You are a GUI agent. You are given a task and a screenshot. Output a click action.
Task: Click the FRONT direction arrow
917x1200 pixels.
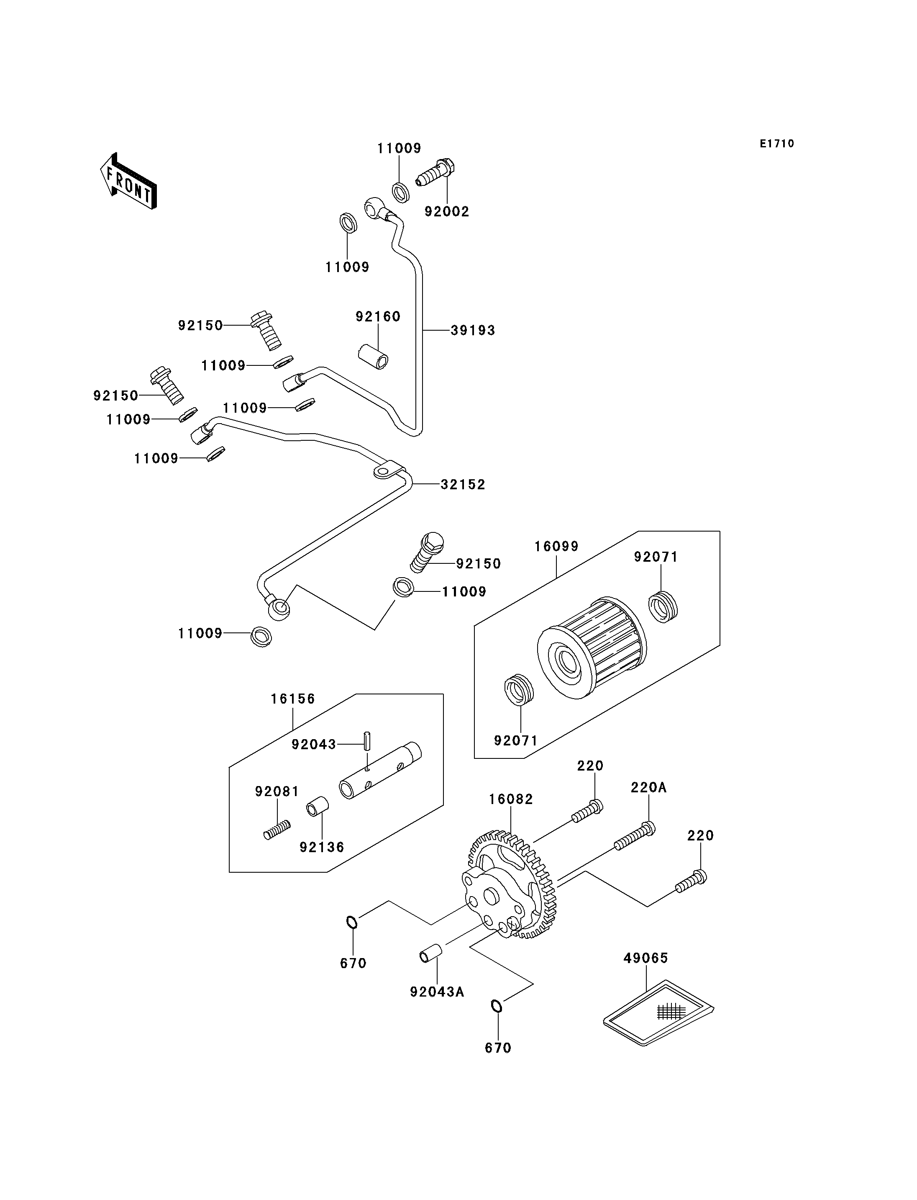pyautogui.click(x=129, y=182)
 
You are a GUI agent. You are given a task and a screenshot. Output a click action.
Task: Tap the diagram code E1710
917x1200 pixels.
pyautogui.click(x=777, y=144)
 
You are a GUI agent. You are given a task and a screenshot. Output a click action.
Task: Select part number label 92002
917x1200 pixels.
pyautogui.click(x=447, y=212)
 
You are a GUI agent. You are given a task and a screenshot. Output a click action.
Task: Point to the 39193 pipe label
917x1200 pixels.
pyautogui.click(x=473, y=331)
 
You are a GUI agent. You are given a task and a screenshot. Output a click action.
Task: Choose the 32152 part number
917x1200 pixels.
pyautogui.click(x=464, y=485)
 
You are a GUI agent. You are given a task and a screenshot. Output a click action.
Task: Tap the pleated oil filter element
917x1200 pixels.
pyautogui.click(x=592, y=647)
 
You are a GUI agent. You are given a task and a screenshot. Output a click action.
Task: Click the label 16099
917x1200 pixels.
pyautogui.click(x=556, y=547)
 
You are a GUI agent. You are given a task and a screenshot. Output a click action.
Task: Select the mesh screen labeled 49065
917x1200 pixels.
pyautogui.click(x=658, y=1012)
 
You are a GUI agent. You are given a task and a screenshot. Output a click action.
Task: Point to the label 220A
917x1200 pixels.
pyautogui.click(x=648, y=788)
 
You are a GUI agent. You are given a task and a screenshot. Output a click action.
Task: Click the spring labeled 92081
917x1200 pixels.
pyautogui.click(x=277, y=830)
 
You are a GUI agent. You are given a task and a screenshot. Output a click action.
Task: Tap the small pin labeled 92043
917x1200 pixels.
pyautogui.click(x=367, y=741)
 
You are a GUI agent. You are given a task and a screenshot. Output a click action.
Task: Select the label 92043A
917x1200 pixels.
pyautogui.click(x=437, y=992)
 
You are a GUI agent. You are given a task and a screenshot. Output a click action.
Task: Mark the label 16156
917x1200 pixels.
pyautogui.click(x=293, y=699)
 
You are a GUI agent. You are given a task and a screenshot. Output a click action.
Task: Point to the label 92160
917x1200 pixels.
pyautogui.click(x=378, y=317)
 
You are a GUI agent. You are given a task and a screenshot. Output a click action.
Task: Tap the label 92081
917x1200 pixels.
pyautogui.click(x=277, y=791)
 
